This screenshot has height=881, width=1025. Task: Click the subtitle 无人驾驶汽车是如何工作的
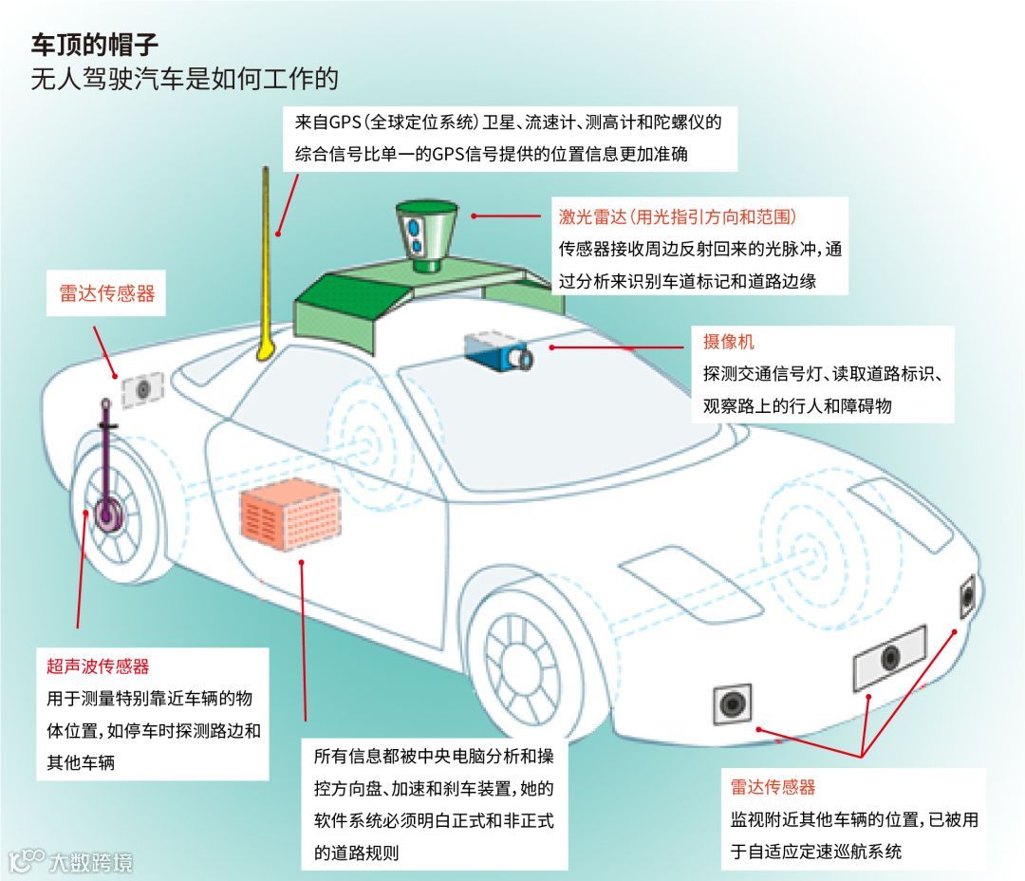184,78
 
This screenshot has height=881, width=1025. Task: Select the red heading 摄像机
729,342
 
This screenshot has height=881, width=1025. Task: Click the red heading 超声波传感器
99,666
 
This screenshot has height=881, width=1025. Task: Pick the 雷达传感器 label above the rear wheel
101,295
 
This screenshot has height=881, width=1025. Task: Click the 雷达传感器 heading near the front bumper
773,787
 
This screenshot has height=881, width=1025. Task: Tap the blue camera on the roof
498,351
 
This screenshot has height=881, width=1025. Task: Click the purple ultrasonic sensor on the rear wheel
107,513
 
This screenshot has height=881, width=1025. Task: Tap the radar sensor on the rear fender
143,387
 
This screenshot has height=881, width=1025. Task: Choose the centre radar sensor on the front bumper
888,657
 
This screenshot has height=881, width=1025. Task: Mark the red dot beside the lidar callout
474,216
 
